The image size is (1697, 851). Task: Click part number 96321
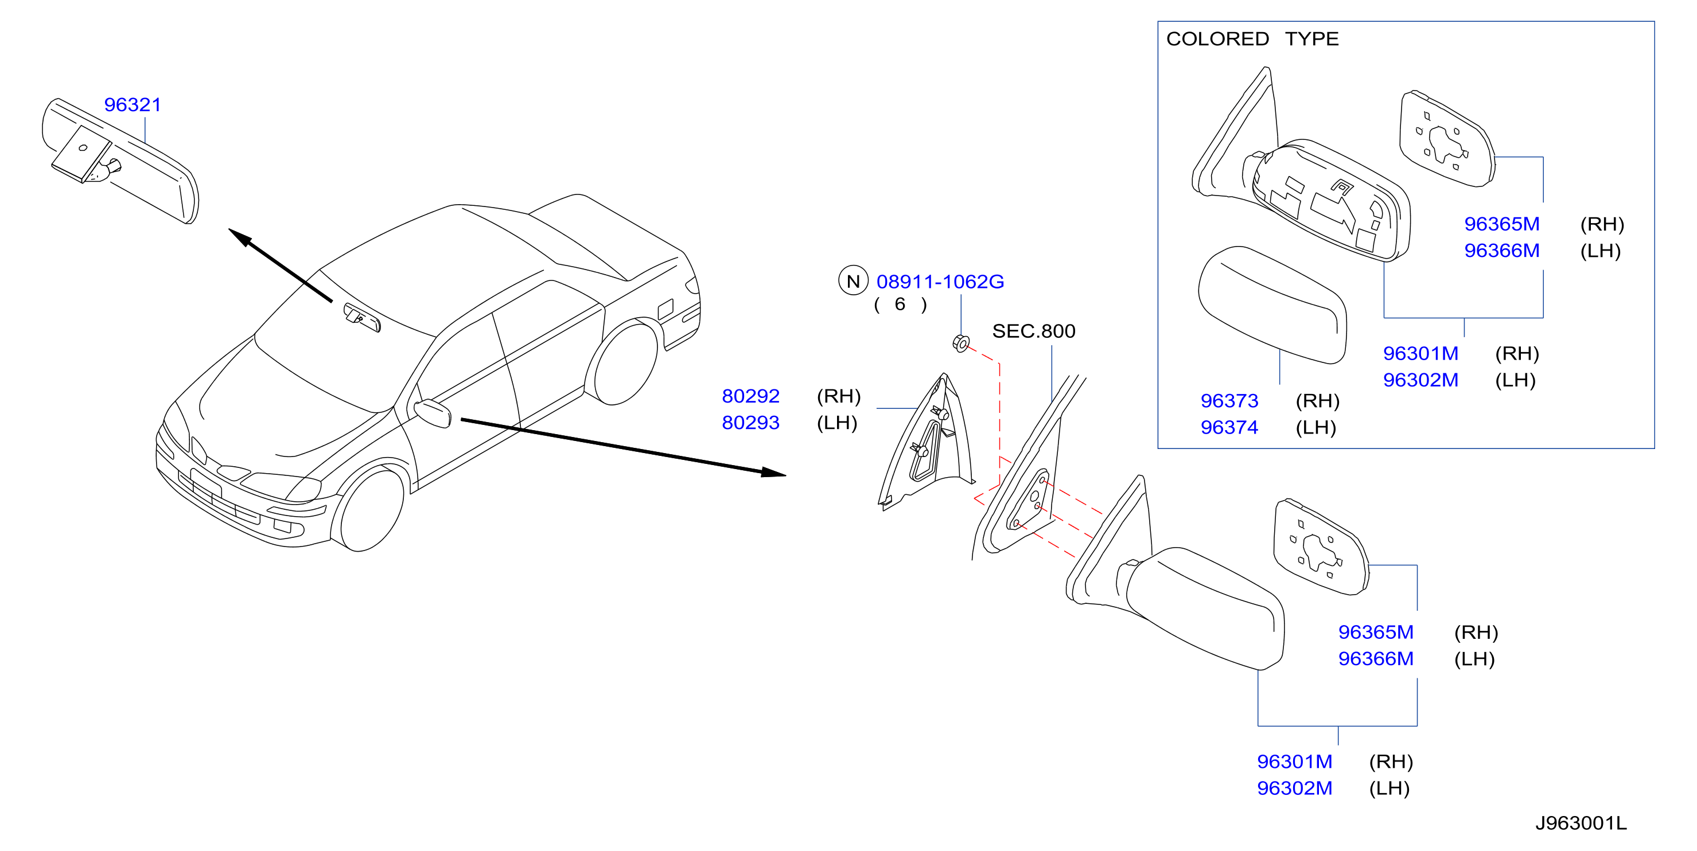click(x=133, y=105)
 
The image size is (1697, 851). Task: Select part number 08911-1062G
click(x=940, y=282)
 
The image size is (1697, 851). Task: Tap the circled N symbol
click(x=853, y=281)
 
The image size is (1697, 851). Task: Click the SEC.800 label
click(x=1034, y=331)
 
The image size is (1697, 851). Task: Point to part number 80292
click(x=750, y=396)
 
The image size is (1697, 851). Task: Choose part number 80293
click(x=750, y=422)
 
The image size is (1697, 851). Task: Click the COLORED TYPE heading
click(x=1252, y=39)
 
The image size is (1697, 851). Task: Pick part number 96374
click(x=1229, y=427)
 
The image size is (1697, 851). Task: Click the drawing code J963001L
click(x=1581, y=823)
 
